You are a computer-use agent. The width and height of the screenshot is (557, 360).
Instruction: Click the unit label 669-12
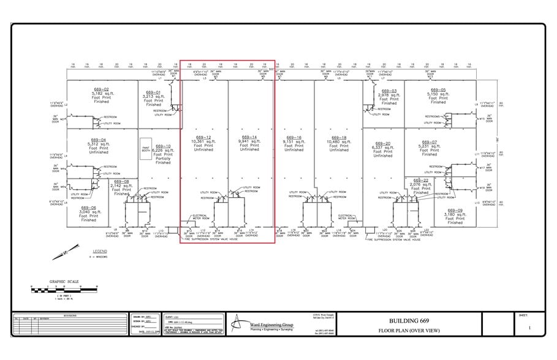coord(203,137)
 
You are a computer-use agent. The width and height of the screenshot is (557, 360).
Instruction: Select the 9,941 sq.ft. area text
coord(249,141)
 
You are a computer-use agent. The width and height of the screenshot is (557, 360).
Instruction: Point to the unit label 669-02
coord(101,89)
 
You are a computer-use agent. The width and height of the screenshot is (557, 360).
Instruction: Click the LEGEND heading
coord(100,252)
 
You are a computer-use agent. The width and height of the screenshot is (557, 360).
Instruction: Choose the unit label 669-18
coord(339,137)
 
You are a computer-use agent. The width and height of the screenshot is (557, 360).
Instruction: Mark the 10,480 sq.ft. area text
coord(339,141)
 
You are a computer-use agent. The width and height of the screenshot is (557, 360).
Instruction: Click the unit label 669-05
coord(438,89)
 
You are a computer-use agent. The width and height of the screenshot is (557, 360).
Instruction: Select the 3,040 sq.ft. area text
coord(89,212)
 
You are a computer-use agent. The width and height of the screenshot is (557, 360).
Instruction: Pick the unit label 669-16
coord(294,137)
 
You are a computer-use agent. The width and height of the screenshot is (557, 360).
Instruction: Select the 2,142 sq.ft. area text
coord(121,186)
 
